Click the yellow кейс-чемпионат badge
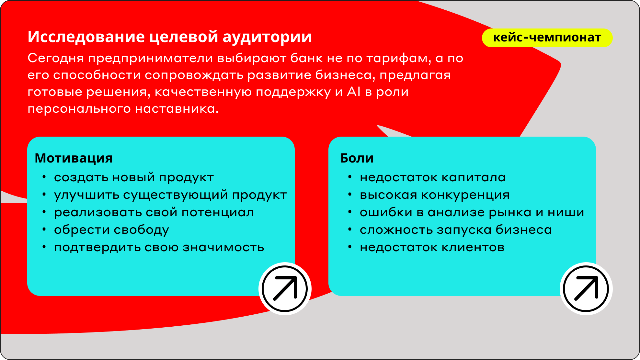coord(547,38)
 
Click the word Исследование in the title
coord(86,37)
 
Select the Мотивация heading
coord(74,158)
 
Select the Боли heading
coord(357,158)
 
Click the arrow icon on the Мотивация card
coord(285,288)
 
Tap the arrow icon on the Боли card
coord(586,288)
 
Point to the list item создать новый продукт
coord(134,178)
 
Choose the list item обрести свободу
coord(111,230)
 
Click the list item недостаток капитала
coord(433,178)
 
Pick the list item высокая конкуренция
coord(435,195)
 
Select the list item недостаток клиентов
coord(432,248)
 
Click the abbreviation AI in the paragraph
coord(354,92)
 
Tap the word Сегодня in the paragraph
coord(56,59)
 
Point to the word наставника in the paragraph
coord(177,109)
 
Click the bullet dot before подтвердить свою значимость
coord(44,247)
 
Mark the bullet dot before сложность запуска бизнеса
coord(350,230)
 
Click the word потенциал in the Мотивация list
coord(218,213)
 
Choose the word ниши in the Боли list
coord(566,213)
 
